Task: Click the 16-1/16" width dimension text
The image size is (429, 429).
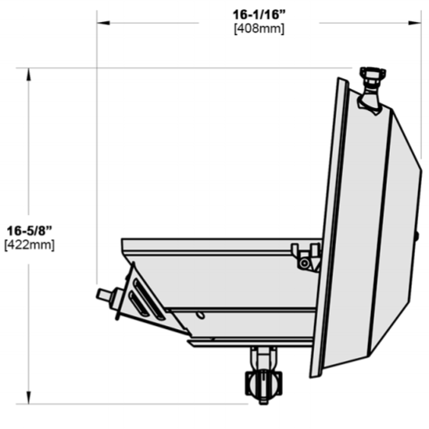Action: pos(259,15)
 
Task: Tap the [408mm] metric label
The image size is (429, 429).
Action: pos(259,28)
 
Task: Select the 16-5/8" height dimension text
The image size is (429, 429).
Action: pos(29,231)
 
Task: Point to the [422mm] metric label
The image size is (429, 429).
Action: pos(30,245)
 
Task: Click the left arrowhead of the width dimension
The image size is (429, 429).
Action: pos(103,23)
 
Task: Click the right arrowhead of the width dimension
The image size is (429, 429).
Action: pos(414,23)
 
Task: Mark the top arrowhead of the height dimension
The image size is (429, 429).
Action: pos(28,74)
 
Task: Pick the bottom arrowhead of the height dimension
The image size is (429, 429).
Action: pos(28,397)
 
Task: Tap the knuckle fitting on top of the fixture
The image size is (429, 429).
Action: pos(371,91)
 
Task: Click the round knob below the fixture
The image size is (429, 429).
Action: pos(264,385)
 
